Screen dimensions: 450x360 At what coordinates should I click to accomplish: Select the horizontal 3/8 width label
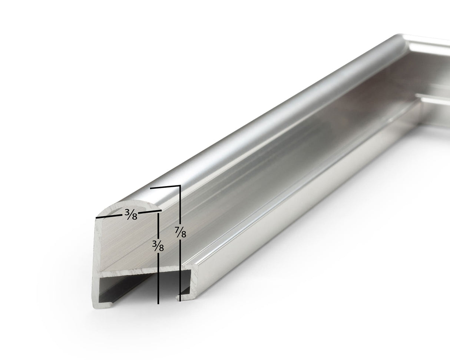[x=131, y=214]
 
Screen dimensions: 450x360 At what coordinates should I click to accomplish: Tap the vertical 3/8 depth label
[x=158, y=245]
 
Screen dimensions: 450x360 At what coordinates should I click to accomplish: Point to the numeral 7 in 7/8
[x=178, y=229]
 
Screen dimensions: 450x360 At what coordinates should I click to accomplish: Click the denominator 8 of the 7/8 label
[x=184, y=235]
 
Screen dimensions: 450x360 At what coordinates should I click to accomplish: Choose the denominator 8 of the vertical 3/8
[x=161, y=248]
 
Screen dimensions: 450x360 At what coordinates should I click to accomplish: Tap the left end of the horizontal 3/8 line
[x=96, y=218]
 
